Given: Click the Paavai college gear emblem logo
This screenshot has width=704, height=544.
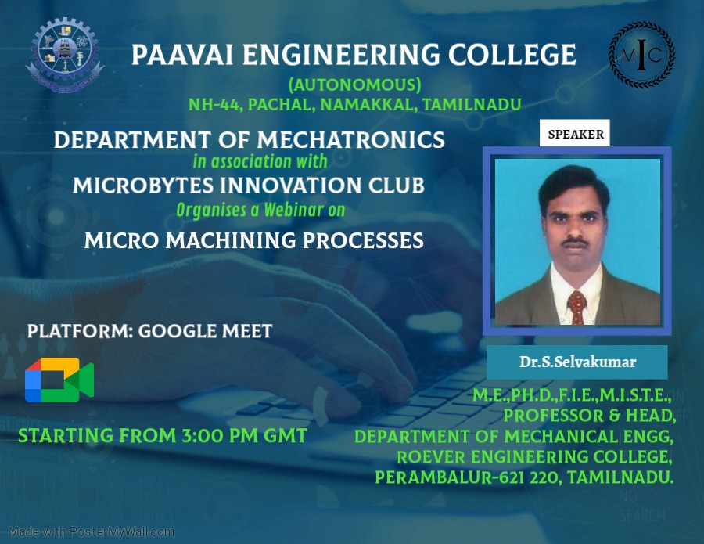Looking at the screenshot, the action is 65,54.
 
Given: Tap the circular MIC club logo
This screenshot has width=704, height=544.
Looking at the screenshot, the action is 641,55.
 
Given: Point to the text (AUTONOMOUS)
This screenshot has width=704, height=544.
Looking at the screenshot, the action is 354,85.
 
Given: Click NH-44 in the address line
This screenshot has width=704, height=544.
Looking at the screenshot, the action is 214,105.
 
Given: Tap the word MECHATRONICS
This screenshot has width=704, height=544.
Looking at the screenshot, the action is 351,139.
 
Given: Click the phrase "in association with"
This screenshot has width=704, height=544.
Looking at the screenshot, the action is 260,161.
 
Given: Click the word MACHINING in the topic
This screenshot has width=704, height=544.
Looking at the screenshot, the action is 231,240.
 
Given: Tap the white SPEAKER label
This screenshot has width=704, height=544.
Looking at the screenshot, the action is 575,133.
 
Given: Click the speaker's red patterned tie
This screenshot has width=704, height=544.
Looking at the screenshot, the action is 576,308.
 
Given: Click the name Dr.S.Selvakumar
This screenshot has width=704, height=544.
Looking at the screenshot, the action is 577,362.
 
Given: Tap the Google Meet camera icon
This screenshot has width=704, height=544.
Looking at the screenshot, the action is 59,380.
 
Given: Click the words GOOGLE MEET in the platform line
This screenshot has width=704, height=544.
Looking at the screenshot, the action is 205,332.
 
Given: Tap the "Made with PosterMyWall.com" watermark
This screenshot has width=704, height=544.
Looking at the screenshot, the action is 92,532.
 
